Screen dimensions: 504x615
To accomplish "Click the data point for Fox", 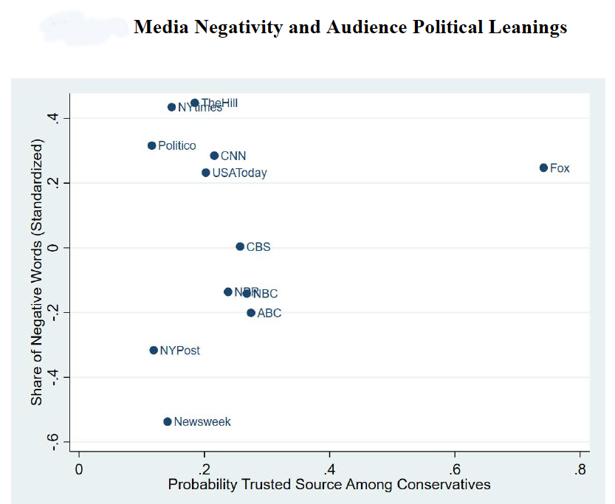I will [543, 168].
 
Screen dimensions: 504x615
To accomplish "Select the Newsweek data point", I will [168, 421].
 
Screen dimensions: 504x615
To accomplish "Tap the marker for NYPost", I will [154, 350].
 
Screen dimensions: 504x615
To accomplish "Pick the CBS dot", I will [240, 246].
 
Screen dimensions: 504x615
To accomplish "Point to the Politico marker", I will [151, 145].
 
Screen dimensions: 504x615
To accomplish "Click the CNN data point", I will [214, 156].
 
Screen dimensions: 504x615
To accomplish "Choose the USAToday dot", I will [206, 173].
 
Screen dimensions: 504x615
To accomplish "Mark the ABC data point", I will [251, 313].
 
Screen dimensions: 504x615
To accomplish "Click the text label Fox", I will [560, 168].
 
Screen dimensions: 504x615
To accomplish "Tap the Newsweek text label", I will [202, 422].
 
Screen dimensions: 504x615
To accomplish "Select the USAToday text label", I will [239, 173].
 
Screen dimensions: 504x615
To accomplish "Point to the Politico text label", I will [177, 146].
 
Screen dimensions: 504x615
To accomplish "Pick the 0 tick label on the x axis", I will [79, 469].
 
